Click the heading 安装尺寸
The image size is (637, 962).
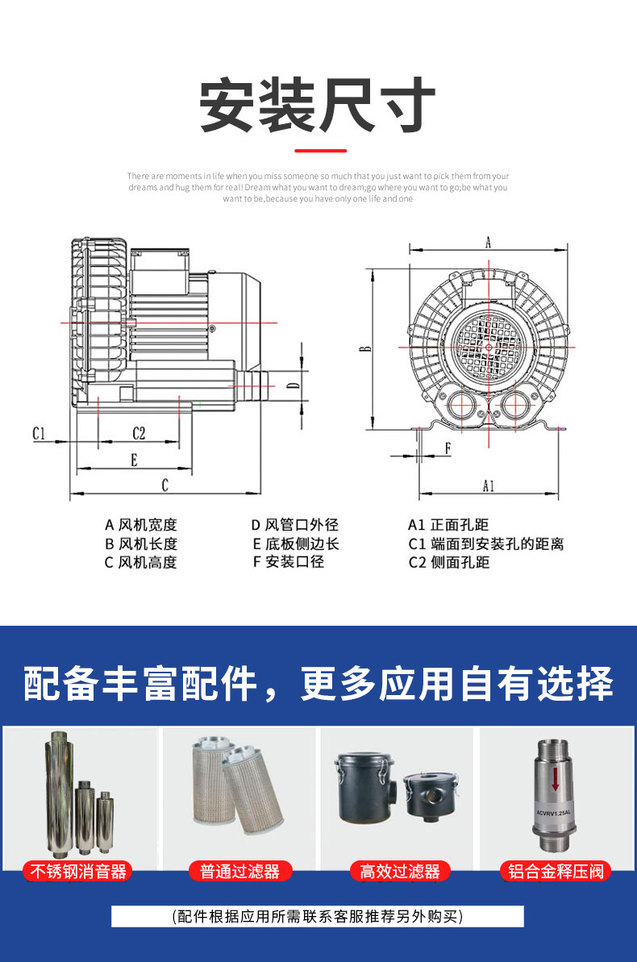318,106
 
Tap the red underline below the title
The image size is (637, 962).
320,150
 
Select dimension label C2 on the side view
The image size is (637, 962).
139,433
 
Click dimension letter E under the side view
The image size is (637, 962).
134,460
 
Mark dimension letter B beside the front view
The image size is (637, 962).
365,349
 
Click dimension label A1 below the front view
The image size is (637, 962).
489,485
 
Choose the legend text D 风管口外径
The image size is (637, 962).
295,525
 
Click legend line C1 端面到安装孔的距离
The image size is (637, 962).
485,543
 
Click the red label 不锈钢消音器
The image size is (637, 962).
78,871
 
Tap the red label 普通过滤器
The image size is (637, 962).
239,871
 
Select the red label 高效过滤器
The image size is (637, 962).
400,871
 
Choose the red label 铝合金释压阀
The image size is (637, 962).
556,871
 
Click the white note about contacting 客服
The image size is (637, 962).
318,916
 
